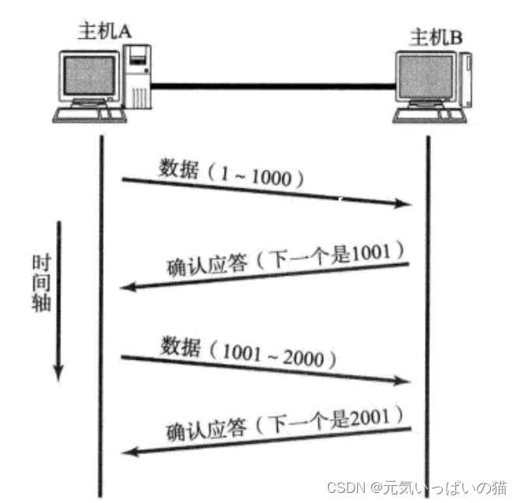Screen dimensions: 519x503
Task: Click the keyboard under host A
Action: coord(87,114)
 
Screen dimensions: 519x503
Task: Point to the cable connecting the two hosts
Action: coord(272,82)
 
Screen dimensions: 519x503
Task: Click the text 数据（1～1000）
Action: coord(230,172)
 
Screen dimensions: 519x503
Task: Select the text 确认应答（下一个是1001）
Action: coord(286,259)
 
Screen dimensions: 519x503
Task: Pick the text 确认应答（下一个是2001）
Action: coord(286,418)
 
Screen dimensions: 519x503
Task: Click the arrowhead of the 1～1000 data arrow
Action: coord(404,204)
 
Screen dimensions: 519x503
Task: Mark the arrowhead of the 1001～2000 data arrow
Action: coord(404,381)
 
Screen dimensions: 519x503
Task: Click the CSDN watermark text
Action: coord(417,487)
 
